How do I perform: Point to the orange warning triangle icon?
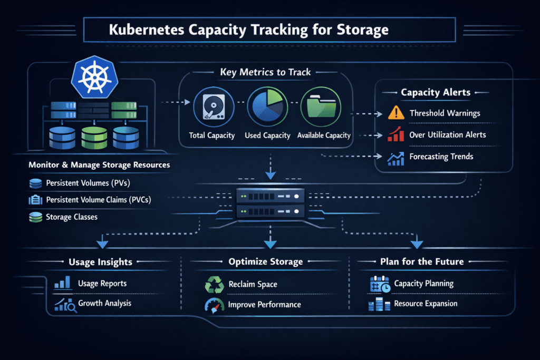tap(396, 113)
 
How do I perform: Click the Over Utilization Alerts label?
tap(447, 135)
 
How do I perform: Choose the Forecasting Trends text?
tap(441, 156)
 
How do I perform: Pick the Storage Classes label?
tap(71, 217)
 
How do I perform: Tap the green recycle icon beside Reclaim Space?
tap(214, 285)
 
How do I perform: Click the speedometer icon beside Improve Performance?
tap(214, 305)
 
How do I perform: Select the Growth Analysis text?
tap(104, 303)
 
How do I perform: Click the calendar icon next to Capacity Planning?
tap(380, 284)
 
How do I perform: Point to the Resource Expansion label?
tap(425, 304)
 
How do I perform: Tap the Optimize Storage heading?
tap(265, 261)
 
